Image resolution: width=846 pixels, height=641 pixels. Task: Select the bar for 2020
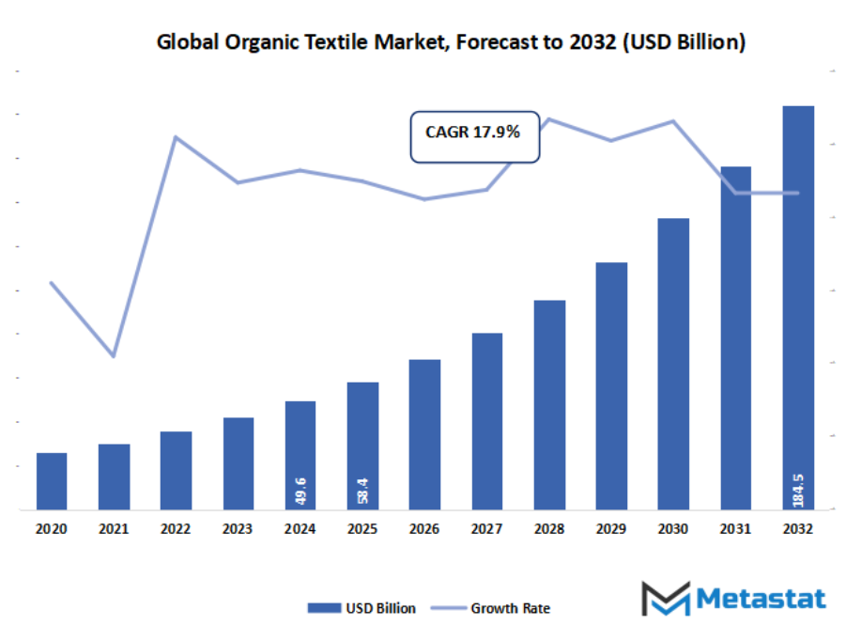pos(52,481)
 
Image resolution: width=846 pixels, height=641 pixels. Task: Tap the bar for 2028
pos(549,404)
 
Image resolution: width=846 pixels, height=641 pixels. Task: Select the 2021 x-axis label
pos(114,529)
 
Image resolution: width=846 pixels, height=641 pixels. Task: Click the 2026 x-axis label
pos(424,529)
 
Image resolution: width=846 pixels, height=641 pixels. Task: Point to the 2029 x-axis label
pos(611,529)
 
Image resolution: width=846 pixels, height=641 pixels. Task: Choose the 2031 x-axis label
pos(735,529)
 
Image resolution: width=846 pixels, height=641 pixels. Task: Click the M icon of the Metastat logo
pos(665,599)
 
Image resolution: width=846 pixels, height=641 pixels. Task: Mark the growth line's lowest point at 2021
pos(114,356)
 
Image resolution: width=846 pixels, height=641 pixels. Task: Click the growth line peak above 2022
pos(176,137)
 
